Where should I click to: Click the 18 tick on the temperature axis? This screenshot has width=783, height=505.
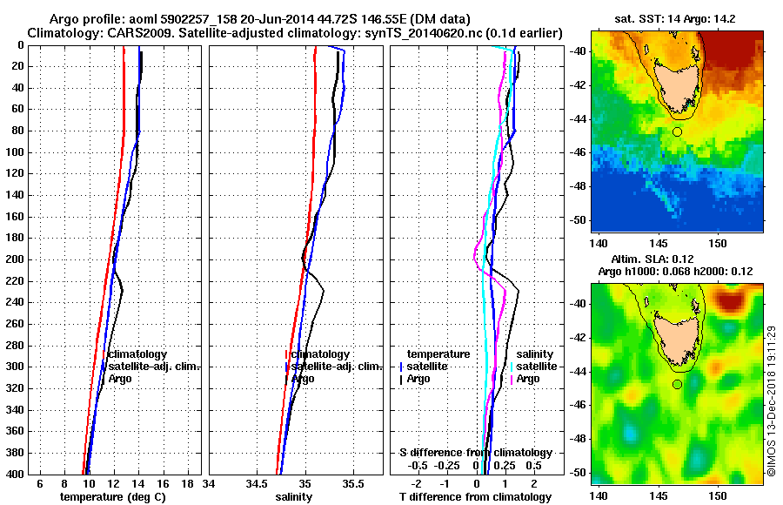coord(186,483)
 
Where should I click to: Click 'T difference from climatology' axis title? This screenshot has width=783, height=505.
coord(475,496)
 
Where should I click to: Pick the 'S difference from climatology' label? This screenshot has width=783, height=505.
coord(475,453)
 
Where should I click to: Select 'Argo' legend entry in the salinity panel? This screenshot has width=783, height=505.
coord(303,379)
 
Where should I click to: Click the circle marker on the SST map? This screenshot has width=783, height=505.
coord(677,131)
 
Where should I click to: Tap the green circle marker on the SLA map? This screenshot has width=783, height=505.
coord(677,384)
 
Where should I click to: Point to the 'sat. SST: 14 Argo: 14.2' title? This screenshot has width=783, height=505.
coord(677,17)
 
